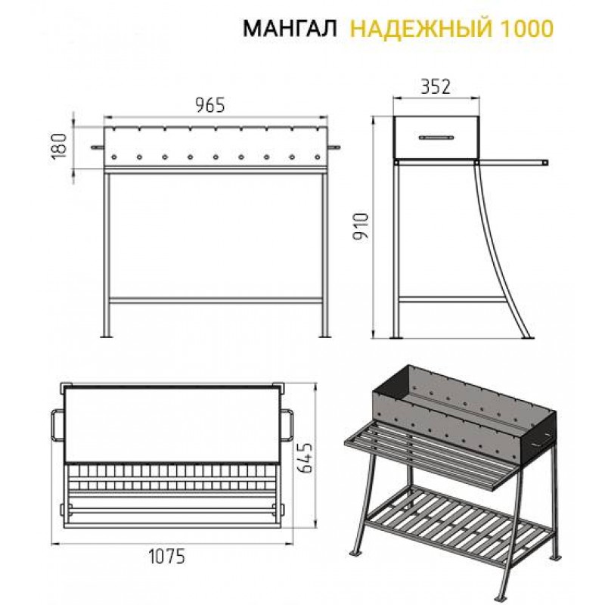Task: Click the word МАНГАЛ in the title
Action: click(x=290, y=29)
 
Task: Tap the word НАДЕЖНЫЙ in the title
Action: click(x=421, y=29)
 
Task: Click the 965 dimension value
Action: click(x=209, y=105)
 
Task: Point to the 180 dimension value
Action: click(x=59, y=147)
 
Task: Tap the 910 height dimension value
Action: click(x=361, y=226)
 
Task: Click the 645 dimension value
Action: click(x=305, y=458)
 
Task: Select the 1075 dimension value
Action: click(x=167, y=556)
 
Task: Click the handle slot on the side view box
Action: click(x=436, y=138)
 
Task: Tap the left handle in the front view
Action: click(x=98, y=147)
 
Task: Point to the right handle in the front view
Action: click(x=334, y=147)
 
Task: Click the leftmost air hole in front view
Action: click(x=114, y=157)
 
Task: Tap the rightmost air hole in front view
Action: click(x=318, y=157)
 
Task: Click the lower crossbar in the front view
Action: click(x=216, y=299)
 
